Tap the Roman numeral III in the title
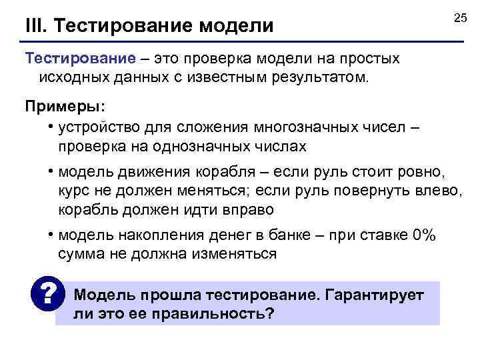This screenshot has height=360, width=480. click(35, 26)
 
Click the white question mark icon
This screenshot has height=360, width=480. click(47, 293)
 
